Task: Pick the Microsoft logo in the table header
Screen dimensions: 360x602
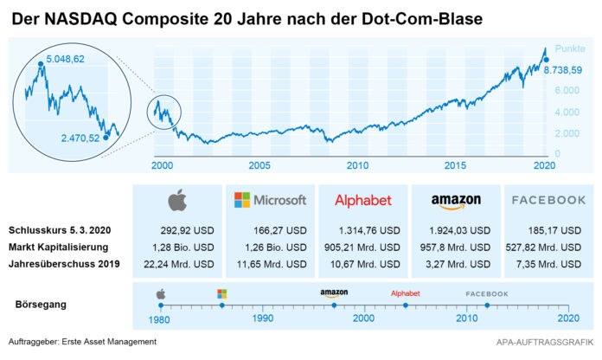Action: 270,200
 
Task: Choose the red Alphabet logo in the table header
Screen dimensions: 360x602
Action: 363,200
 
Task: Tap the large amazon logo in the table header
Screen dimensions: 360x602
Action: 456,201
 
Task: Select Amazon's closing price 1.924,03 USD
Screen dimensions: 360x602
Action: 460,231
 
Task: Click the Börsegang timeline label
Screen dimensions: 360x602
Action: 41,305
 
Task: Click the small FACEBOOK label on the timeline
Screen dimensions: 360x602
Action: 487,294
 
